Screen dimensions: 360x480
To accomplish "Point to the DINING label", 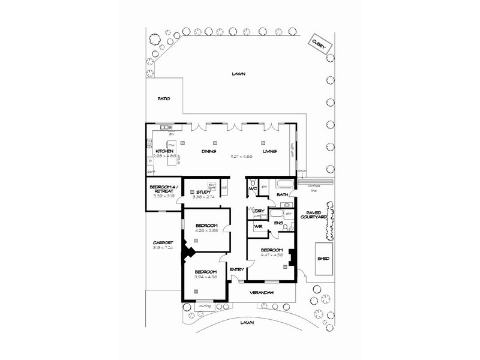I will coord(209,151).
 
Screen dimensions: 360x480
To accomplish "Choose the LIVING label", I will coord(269,151).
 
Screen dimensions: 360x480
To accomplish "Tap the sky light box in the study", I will coord(211,186).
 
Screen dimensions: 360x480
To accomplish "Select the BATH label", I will coord(283,195).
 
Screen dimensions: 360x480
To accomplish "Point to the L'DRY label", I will coord(259,211).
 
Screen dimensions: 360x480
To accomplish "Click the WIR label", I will coord(258,226).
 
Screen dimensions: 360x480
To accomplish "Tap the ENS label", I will coord(278,223).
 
